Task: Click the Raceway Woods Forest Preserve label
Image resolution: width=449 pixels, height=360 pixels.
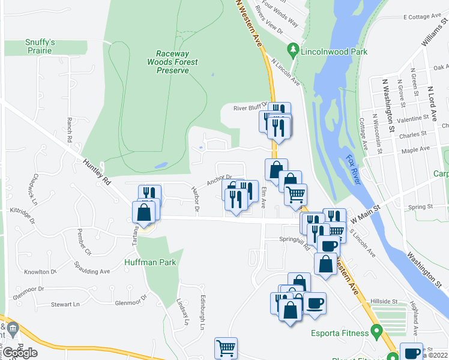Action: pos(172,61)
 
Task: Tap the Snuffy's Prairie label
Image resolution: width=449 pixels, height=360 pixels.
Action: pos(40,47)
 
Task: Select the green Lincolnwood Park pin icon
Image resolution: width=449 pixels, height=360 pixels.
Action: pos(293,48)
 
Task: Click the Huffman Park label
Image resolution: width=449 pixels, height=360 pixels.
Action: pos(150,262)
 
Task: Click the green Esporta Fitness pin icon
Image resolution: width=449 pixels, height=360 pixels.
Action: pos(377,330)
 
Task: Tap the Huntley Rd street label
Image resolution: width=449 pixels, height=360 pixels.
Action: pos(98,171)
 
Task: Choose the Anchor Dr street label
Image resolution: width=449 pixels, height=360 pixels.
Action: pos(219,179)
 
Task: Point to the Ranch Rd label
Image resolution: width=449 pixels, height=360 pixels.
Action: pos(70,130)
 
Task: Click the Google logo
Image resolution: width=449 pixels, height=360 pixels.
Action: pos(20,352)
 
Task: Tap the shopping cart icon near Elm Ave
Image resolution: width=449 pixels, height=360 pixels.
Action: pos(295,194)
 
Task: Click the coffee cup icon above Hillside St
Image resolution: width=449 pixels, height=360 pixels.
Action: pos(315,303)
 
